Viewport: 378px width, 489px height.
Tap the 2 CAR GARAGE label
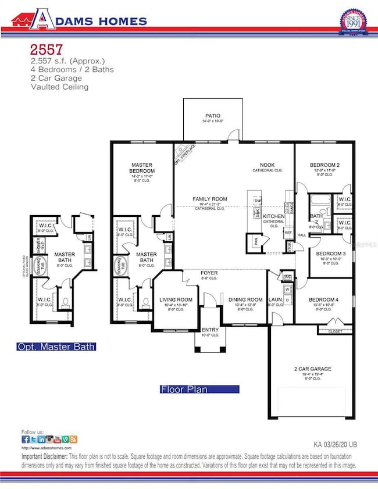coord(313,368)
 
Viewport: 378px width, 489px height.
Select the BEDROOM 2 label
coord(324,165)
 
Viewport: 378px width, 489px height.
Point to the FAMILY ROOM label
coord(210,199)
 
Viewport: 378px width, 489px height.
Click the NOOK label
coord(267,165)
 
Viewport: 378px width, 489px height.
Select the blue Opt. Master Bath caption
coord(56,347)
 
